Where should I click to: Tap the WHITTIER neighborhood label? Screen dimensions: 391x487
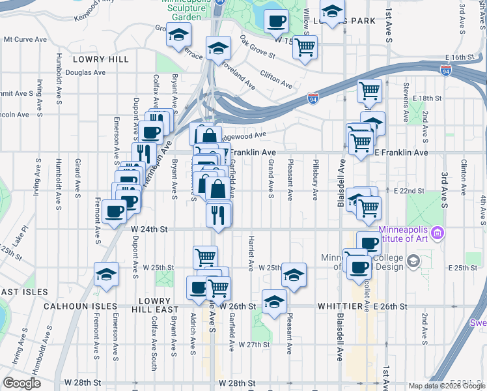(x=342, y=306)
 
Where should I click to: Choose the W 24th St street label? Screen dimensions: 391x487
(x=150, y=229)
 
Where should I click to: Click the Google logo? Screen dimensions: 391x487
(x=22, y=383)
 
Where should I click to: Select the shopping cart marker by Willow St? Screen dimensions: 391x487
(x=305, y=47)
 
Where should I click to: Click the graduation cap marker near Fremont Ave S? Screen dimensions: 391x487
(x=106, y=275)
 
